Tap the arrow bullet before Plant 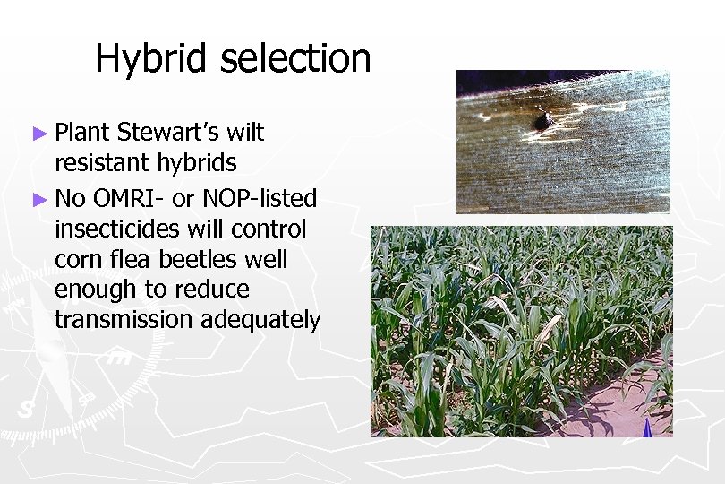point(38,133)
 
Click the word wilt point(245,133)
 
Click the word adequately point(260,321)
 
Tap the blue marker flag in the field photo point(646,428)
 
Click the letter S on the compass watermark point(26,408)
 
